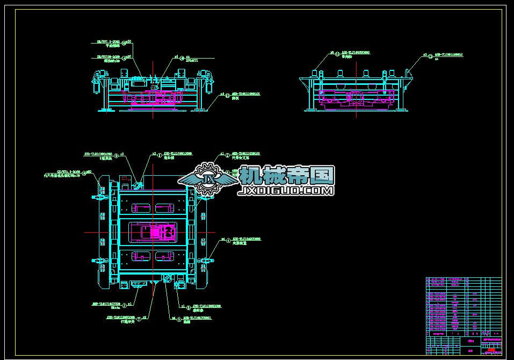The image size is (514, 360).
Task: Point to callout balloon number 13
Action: pyautogui.click(x=430, y=55)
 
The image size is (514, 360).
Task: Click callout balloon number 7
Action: pyautogui.click(x=139, y=319)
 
